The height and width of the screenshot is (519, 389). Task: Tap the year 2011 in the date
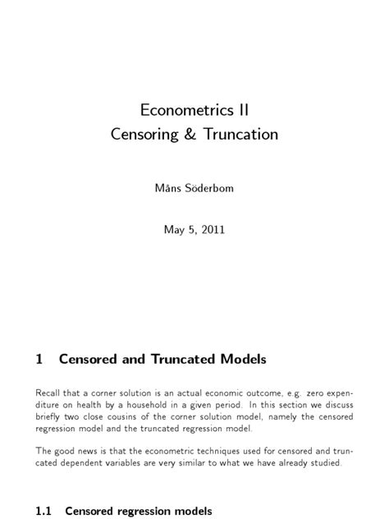[x=211, y=229]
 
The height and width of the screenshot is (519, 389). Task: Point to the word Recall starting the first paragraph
[x=50, y=393]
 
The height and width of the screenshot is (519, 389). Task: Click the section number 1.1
[x=44, y=511]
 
